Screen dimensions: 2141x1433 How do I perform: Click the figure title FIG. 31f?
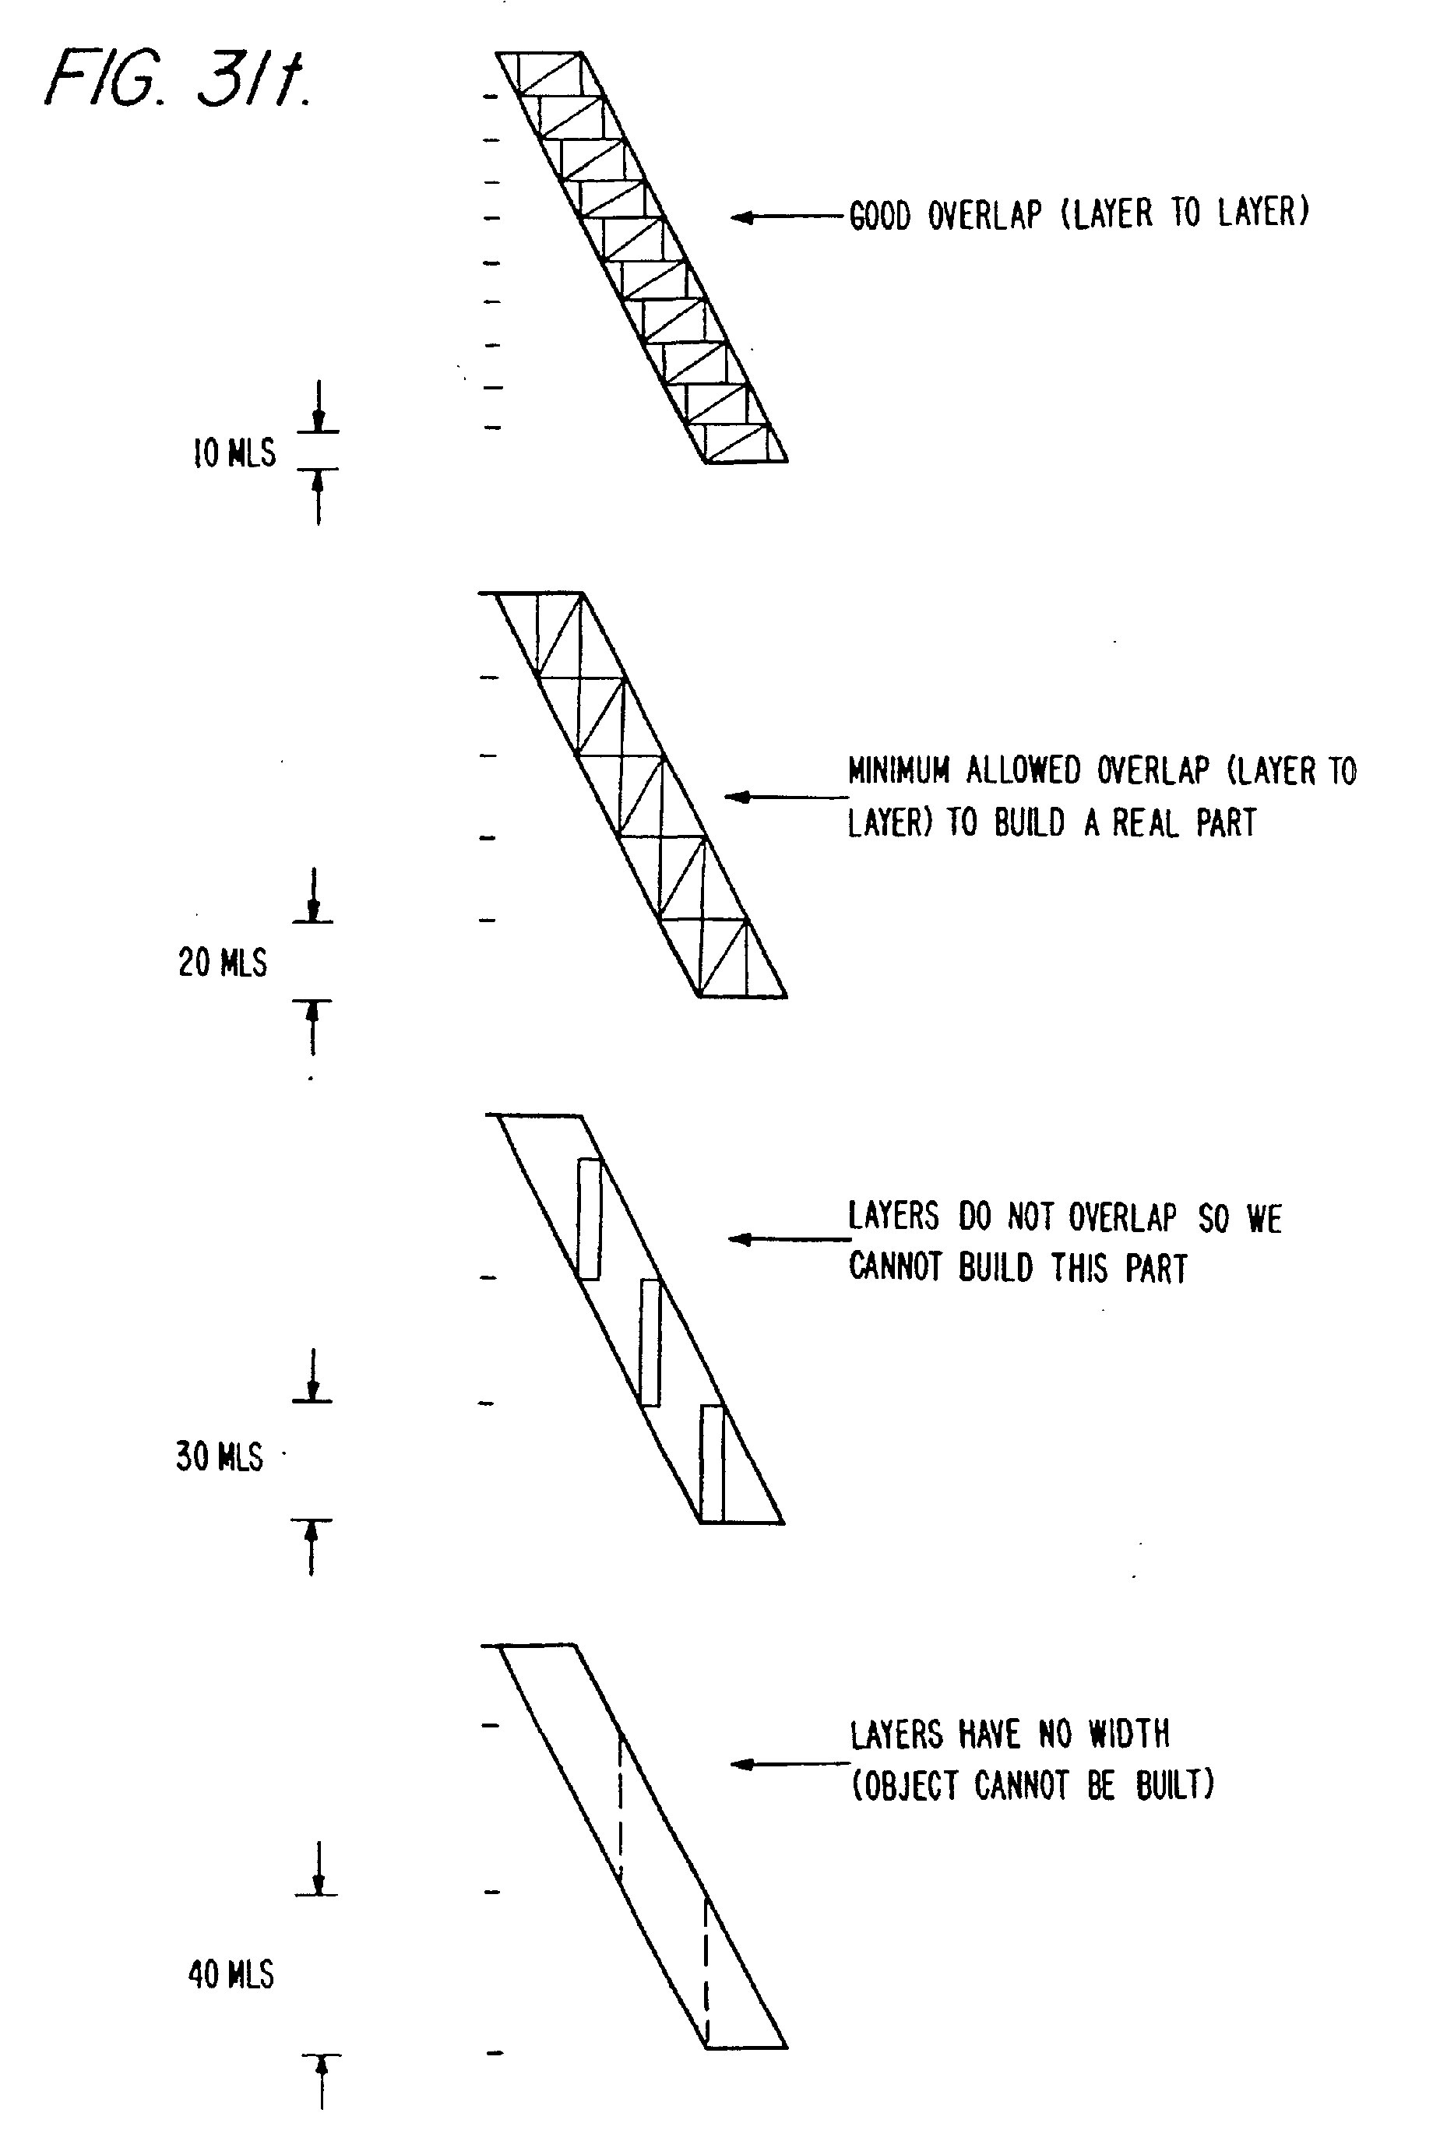pos(178,79)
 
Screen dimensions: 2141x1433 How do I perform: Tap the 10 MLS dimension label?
pos(234,453)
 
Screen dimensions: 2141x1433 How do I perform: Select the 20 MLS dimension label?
pos(222,963)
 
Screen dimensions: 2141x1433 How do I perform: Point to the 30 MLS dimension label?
pos(220,1456)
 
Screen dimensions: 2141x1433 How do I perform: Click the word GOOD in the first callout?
pos(879,217)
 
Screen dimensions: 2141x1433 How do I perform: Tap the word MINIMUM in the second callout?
pos(899,771)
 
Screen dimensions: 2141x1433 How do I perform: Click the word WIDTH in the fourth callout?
pos(1128,1734)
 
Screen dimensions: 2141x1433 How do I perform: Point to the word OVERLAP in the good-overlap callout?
pos(984,216)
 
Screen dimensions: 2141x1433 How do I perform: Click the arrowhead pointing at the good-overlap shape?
pos(742,217)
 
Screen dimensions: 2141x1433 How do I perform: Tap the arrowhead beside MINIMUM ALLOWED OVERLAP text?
pos(737,798)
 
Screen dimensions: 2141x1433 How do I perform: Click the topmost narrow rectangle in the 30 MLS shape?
pos(590,1219)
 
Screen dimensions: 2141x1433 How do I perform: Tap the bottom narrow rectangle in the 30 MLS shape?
pos(712,1463)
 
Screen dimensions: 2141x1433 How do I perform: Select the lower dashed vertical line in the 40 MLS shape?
pos(706,1972)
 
